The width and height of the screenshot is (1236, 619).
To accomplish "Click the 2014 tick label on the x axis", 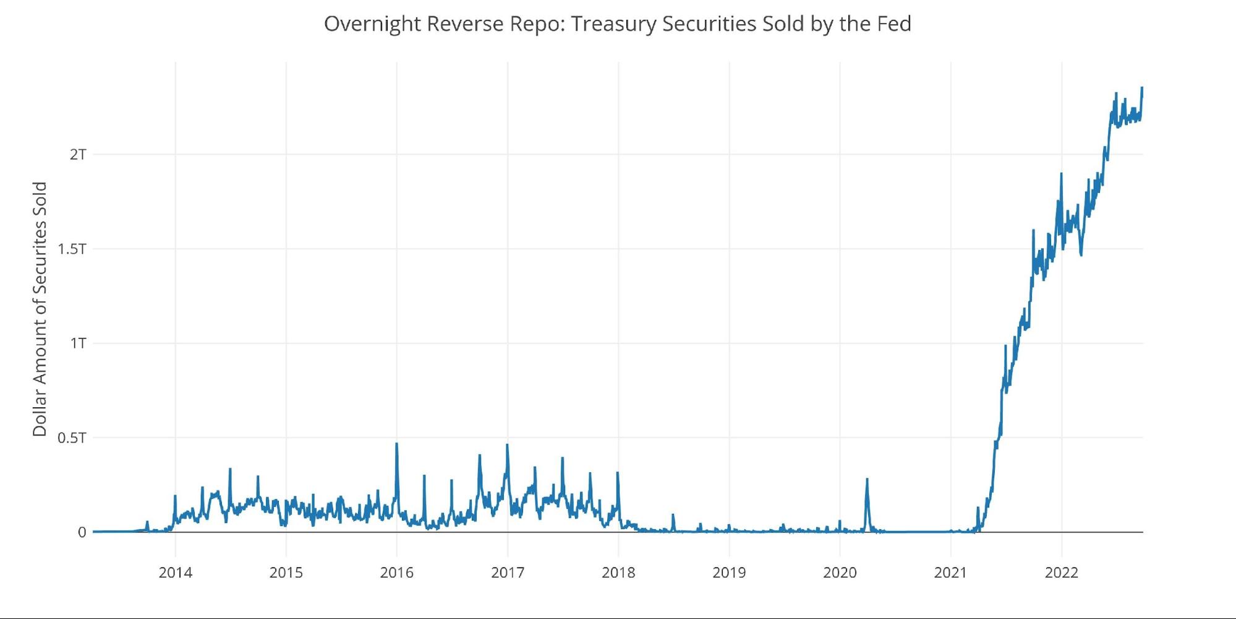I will point(175,573).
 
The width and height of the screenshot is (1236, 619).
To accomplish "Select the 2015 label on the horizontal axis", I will point(286,573).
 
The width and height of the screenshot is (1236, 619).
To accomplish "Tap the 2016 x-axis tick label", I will point(396,573).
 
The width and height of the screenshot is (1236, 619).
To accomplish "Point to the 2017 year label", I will point(508,573).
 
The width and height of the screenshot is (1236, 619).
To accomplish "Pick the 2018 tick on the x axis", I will point(618,573).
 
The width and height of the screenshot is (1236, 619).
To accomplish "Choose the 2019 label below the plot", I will point(729,573).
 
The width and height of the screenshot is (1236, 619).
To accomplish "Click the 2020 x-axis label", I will point(840,573).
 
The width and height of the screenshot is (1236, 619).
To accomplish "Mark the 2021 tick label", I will point(950,573).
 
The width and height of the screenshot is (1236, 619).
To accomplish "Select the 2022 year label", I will point(1061,573).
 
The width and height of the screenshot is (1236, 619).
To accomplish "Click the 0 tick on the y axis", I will point(82,532).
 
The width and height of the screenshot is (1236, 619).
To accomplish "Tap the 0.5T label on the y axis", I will point(72,438).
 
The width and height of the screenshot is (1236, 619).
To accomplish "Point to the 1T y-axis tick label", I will point(78,344).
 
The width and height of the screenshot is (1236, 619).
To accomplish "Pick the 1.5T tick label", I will point(72,249).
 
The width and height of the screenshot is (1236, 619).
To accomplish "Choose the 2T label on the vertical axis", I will point(78,155).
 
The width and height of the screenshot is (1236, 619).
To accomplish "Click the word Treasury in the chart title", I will point(613,24).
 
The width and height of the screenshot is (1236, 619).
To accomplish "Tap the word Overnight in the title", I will point(372,24).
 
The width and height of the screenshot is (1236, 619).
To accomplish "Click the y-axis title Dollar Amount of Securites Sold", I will point(40,309).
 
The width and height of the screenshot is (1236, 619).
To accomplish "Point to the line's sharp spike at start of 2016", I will point(396,444).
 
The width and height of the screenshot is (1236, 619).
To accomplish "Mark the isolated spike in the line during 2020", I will point(867,480).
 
